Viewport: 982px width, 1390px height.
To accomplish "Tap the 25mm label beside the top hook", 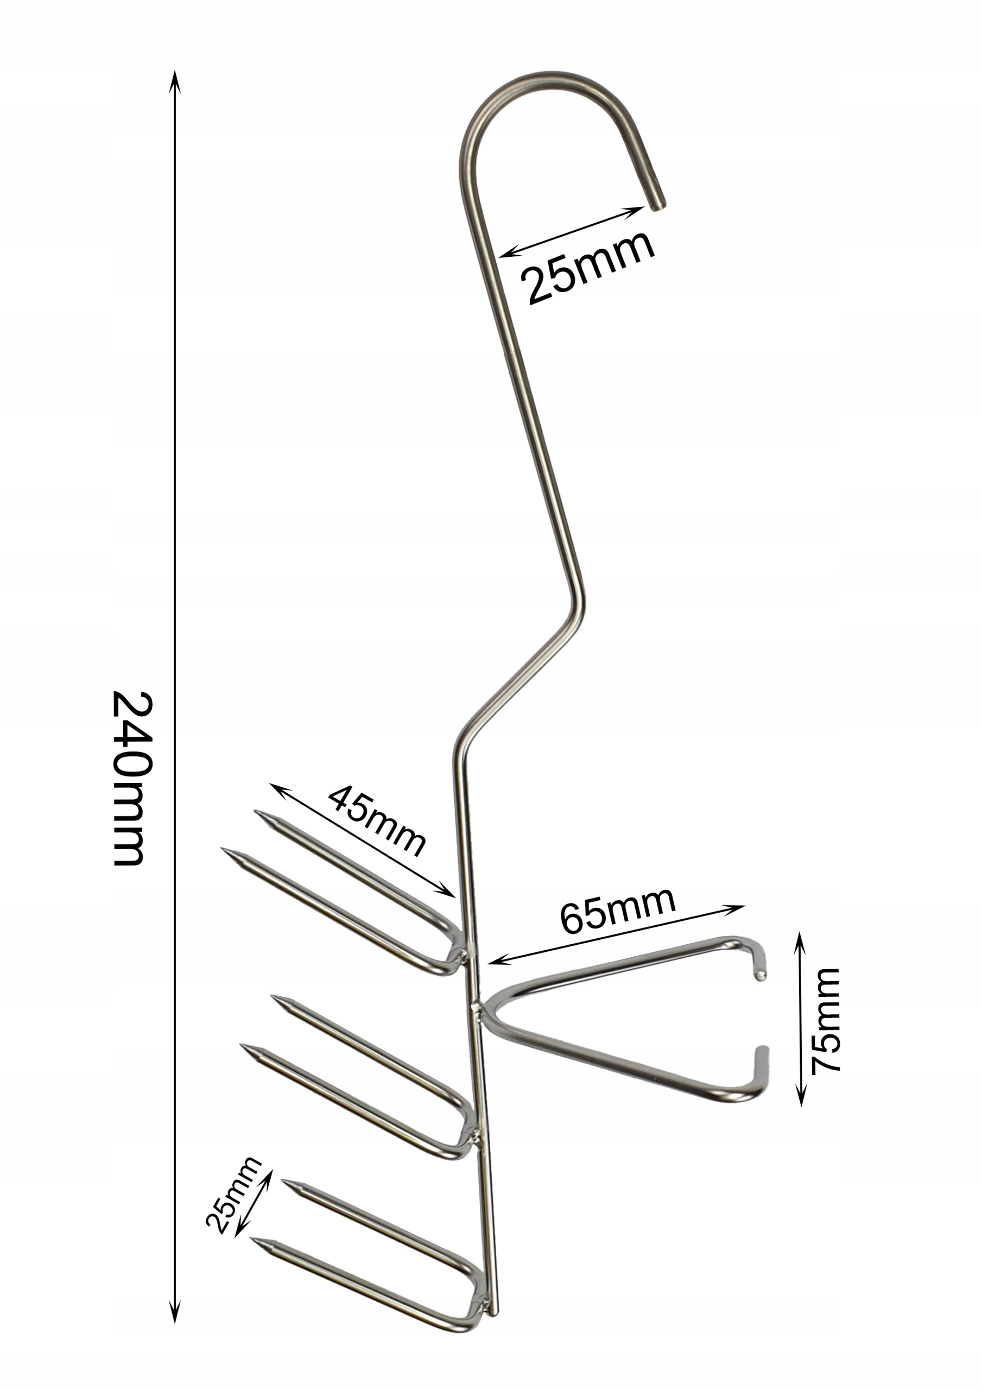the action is pos(588,267).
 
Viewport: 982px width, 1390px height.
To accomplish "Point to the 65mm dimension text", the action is pos(618,911).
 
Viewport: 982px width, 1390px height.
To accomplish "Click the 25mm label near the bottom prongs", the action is pos(232,1194).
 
